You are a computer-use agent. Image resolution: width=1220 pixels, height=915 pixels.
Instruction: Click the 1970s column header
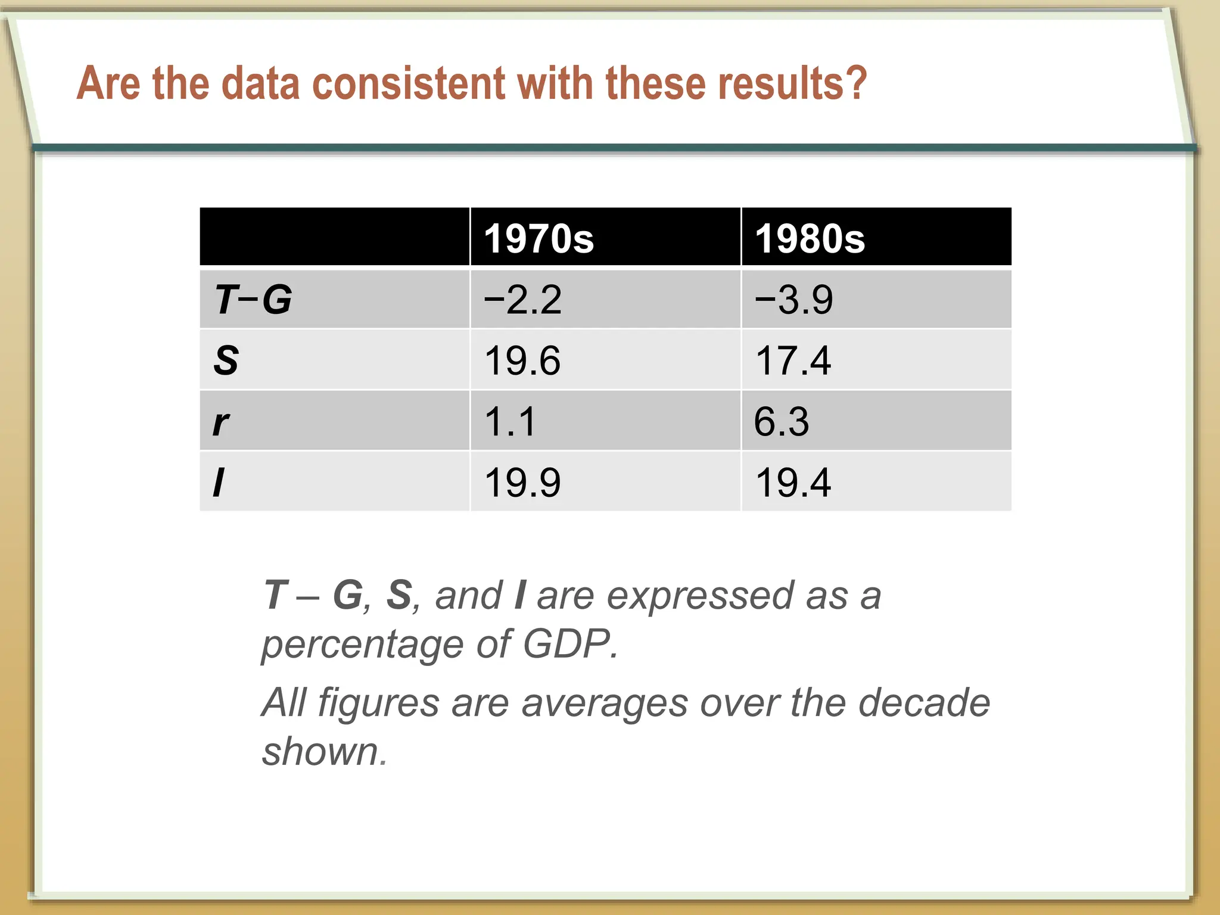(x=539, y=239)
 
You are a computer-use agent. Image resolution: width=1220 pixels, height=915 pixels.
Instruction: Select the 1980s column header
(x=810, y=239)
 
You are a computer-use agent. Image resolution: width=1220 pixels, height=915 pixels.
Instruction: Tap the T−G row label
(x=253, y=299)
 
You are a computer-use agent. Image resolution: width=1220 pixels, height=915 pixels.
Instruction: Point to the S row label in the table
(x=226, y=360)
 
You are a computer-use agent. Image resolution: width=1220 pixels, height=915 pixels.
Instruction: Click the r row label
(x=221, y=422)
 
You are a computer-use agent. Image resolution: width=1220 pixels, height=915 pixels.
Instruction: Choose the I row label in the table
(x=219, y=483)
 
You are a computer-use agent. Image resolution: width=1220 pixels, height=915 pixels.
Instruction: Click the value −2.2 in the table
(x=522, y=300)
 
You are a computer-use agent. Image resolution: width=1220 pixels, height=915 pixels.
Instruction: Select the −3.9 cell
(x=793, y=300)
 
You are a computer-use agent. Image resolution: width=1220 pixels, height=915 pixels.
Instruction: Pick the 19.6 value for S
(x=522, y=361)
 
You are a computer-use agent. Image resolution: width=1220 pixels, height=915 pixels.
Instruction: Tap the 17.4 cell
(x=793, y=361)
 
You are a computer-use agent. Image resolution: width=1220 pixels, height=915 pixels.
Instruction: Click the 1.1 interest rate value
(x=511, y=422)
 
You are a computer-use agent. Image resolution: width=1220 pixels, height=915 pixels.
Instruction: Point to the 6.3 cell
(x=782, y=422)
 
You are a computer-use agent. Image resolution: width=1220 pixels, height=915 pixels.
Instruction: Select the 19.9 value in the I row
(x=522, y=483)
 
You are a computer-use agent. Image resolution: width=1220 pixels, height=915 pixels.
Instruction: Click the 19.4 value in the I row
(x=793, y=483)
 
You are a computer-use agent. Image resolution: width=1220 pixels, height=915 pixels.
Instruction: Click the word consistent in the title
(x=409, y=83)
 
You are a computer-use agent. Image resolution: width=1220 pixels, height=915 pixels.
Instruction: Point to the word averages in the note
(x=604, y=704)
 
